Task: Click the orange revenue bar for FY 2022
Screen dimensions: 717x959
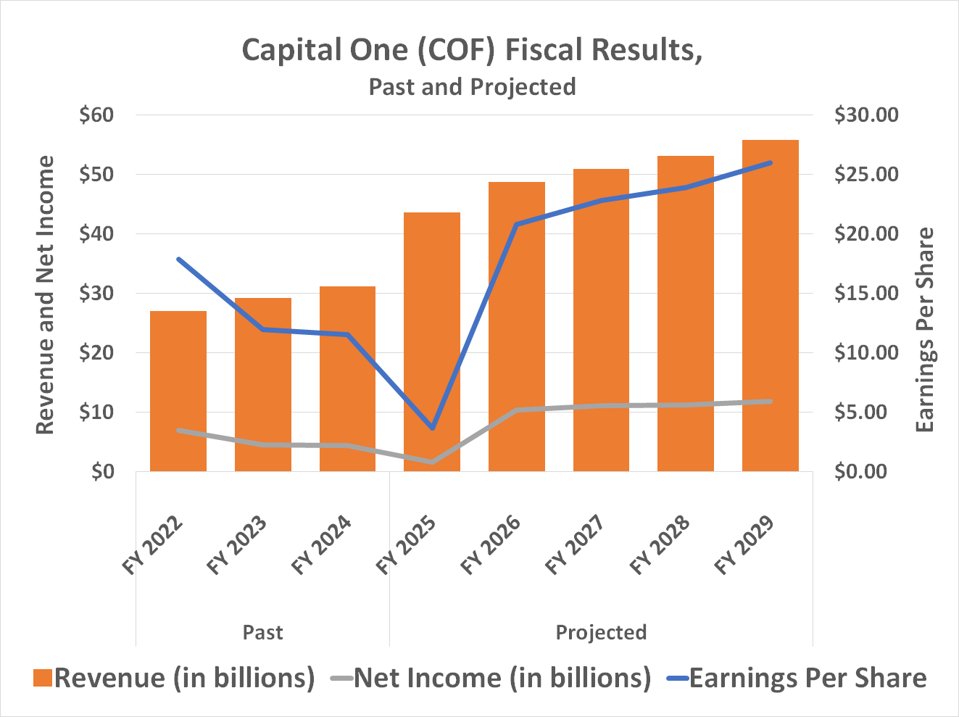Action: (178, 391)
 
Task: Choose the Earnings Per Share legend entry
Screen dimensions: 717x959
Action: (808, 678)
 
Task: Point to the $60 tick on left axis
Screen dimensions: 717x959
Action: (97, 115)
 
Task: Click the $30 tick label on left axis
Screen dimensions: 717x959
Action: (97, 294)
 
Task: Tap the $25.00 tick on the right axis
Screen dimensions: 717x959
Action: (865, 175)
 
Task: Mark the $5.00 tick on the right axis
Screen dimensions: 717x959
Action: (865, 413)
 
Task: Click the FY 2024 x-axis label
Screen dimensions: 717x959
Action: (322, 545)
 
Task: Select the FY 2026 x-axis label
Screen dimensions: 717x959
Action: (491, 545)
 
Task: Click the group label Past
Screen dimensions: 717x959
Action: (262, 632)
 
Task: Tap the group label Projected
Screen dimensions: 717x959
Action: (601, 632)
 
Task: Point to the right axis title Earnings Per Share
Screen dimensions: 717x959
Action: (925, 330)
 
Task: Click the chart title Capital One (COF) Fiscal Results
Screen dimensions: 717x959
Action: (472, 50)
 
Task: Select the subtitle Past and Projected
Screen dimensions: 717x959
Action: (472, 87)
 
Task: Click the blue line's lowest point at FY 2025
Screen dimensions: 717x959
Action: (432, 428)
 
